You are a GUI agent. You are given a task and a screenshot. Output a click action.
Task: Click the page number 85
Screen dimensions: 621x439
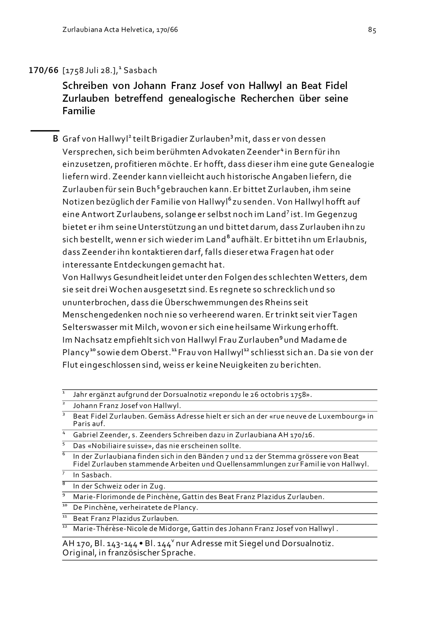pyautogui.click(x=372, y=30)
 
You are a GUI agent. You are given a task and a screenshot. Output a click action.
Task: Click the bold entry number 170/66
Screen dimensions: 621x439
pyautogui.click(x=43, y=70)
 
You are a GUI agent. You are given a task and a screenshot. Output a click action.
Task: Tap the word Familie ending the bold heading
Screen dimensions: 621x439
pyautogui.click(x=79, y=111)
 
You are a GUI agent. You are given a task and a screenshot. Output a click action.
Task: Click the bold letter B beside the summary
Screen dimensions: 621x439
pyautogui.click(x=55, y=139)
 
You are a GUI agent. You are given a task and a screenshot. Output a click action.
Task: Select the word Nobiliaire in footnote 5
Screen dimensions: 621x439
pyautogui.click(x=113, y=446)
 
